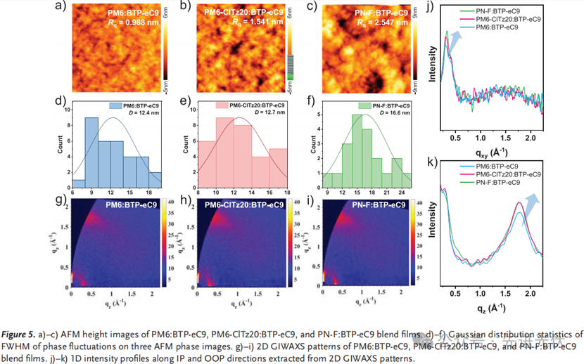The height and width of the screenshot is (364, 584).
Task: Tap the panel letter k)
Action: tap(434, 163)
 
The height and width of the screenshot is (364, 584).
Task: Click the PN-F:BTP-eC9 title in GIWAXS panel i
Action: tap(379, 204)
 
